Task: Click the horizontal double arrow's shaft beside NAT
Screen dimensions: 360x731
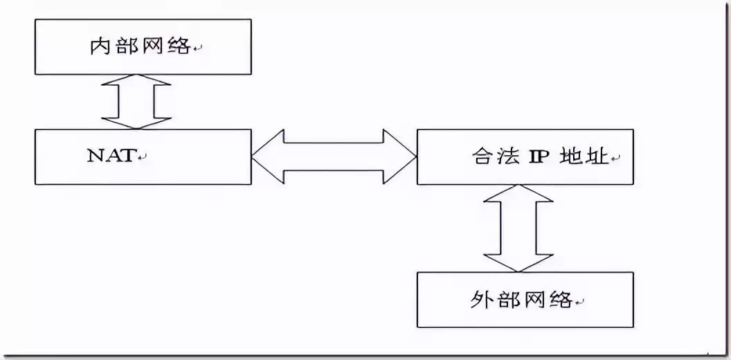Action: click(334, 157)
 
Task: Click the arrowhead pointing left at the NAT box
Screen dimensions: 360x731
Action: click(264, 157)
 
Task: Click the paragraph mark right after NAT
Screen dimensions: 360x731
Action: click(143, 157)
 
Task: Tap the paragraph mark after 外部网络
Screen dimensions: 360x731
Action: click(579, 302)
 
